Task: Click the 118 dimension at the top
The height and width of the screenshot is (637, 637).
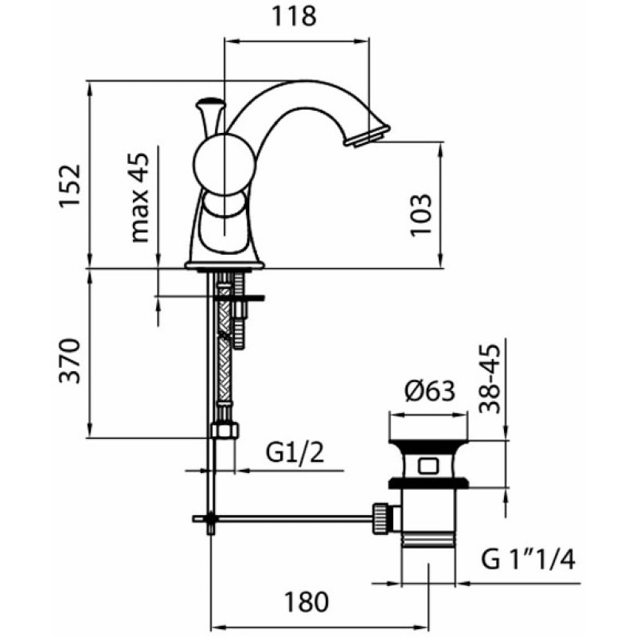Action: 294,17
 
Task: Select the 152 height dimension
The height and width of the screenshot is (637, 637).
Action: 70,186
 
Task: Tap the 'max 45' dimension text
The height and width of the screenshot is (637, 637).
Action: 140,197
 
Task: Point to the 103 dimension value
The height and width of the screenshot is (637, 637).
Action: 420,215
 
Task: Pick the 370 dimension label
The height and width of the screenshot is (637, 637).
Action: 70,361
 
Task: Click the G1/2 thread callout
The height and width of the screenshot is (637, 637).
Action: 295,452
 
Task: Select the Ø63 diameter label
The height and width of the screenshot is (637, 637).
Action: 430,391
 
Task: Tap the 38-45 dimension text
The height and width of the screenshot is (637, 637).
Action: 489,379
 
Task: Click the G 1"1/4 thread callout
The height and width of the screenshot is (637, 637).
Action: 528,560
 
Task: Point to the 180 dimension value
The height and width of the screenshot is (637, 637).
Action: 306,602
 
